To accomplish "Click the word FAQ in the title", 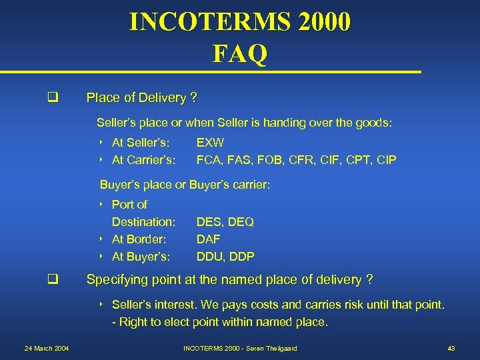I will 240,53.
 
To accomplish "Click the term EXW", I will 210,143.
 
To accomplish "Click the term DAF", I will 208,239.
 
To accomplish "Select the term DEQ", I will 241,221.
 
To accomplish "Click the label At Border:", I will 139,239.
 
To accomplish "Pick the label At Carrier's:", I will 143,160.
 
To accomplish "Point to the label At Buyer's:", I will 141,257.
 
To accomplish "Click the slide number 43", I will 451,349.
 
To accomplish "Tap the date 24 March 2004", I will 47,349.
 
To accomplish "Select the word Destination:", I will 143,221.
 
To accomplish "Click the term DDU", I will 209,257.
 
